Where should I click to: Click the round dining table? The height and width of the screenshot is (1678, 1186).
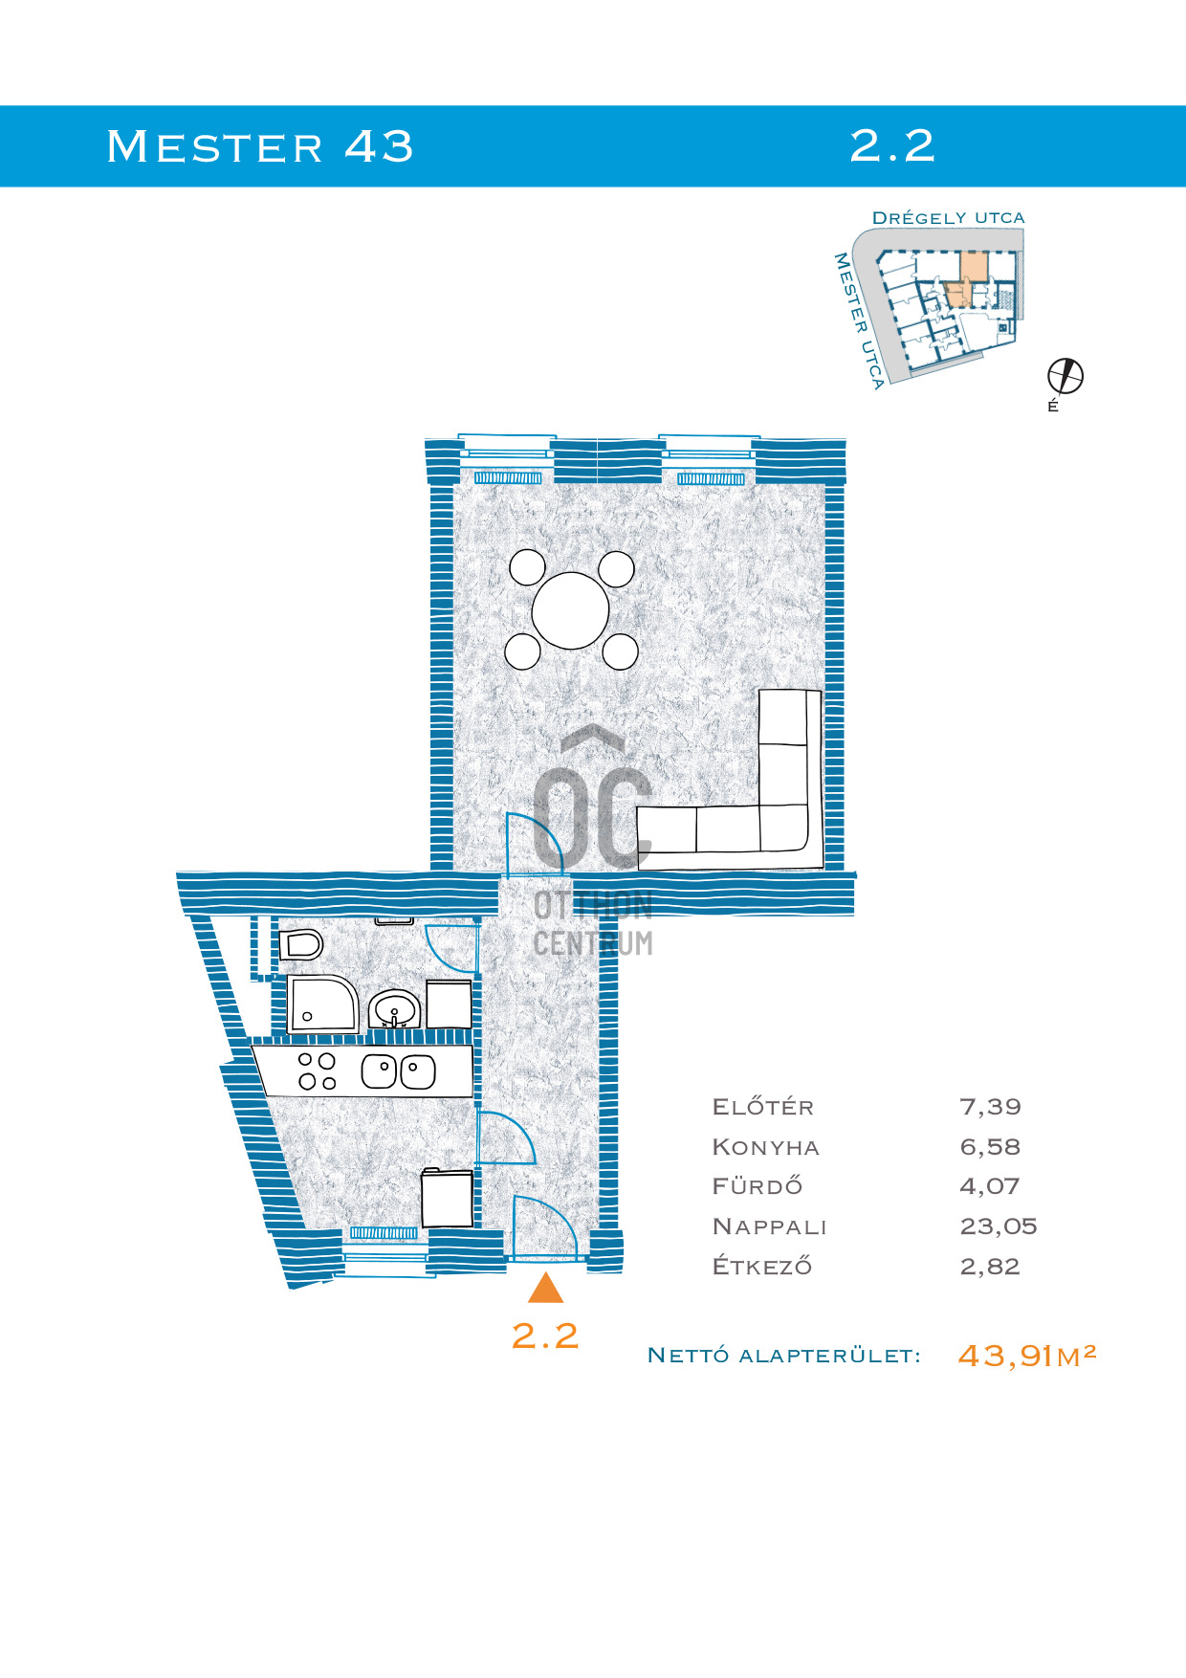(x=570, y=610)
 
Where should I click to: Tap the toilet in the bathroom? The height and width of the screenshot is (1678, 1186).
(x=300, y=945)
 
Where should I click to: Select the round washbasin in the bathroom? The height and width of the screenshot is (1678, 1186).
(x=394, y=1008)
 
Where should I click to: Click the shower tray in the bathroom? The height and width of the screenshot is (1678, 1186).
(x=323, y=1004)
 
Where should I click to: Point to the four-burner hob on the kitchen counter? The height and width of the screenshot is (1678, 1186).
(x=318, y=1071)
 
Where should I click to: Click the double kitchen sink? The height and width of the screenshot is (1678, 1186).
(x=399, y=1071)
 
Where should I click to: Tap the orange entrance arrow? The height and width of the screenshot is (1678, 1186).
(x=545, y=1288)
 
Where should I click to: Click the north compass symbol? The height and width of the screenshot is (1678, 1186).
(x=1065, y=376)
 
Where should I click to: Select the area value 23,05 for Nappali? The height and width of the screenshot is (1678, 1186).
(x=998, y=1226)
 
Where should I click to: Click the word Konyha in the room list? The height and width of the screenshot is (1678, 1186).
(x=766, y=1147)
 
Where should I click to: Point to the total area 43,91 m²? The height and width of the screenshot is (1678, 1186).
(x=1026, y=1355)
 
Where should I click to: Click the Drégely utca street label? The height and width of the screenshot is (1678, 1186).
(x=948, y=218)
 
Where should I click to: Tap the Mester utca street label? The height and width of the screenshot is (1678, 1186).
(x=859, y=320)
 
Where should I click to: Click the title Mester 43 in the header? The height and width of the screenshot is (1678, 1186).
(x=260, y=146)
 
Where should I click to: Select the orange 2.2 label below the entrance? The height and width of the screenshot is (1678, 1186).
(x=545, y=1336)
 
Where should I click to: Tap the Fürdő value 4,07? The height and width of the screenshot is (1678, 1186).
(x=990, y=1186)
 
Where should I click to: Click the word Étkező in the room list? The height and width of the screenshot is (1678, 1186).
(x=762, y=1266)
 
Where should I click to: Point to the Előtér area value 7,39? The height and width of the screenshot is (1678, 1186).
(x=990, y=1107)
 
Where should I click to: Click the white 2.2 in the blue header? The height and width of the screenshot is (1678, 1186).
(x=892, y=145)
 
